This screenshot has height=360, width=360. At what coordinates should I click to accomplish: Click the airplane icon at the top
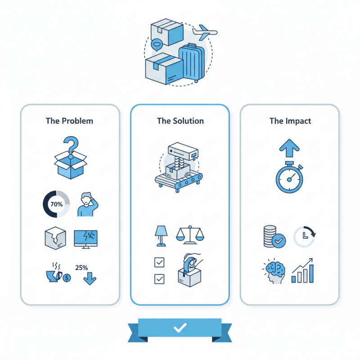[205, 32]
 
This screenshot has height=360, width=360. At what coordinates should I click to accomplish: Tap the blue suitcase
[192, 63]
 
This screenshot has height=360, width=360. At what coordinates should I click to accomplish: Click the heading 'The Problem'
[69, 121]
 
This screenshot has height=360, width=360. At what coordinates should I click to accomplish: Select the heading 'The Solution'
[180, 121]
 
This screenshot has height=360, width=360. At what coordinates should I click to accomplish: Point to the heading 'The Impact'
[290, 121]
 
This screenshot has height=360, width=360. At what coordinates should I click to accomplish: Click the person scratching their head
[87, 204]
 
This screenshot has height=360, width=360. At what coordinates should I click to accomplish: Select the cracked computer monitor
[85, 239]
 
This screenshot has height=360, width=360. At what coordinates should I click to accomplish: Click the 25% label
[81, 268]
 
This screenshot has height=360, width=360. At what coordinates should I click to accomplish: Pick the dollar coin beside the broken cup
[67, 278]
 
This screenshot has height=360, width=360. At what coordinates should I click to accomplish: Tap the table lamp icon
[161, 236]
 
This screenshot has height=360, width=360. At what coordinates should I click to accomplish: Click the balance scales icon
[190, 235]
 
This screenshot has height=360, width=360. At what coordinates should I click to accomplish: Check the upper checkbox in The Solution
[159, 262]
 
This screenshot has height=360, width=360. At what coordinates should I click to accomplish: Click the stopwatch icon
[289, 177]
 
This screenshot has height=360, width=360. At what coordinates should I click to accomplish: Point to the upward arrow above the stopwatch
[289, 148]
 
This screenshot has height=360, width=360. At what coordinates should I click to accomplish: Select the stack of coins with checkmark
[274, 237]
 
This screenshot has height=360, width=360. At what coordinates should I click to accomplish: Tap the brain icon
[274, 272]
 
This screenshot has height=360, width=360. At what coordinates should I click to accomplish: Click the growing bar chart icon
[302, 270]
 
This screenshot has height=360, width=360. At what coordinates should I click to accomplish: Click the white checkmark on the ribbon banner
[180, 328]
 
